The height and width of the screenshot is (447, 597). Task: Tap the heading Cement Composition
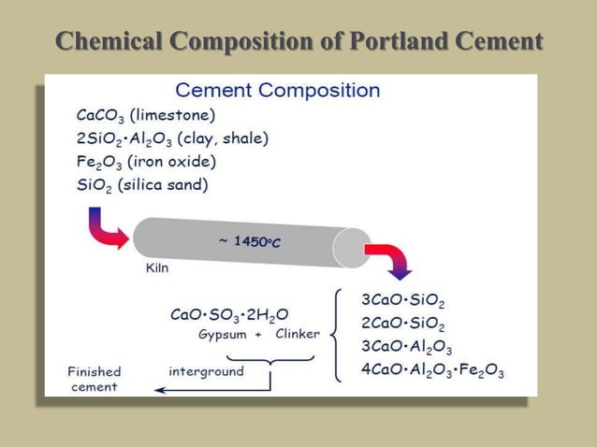click(x=278, y=91)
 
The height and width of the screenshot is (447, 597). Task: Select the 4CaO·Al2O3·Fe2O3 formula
click(x=432, y=369)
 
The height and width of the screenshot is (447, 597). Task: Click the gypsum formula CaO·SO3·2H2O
click(x=228, y=314)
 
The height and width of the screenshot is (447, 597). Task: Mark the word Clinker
click(x=298, y=334)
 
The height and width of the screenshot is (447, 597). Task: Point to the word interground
click(x=206, y=371)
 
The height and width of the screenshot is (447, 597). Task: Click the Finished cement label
click(x=95, y=379)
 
